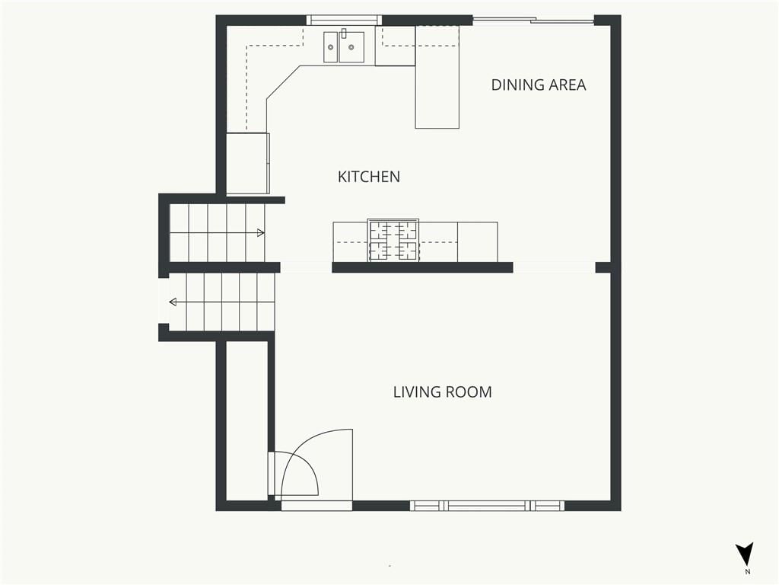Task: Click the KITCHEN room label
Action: tap(369, 177)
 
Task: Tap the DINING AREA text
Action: tap(539, 85)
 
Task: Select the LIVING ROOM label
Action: tap(443, 392)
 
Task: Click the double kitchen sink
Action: tap(344, 47)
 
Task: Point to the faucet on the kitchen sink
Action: tap(343, 34)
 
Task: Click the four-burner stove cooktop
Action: tap(393, 240)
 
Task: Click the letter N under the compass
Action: tap(748, 571)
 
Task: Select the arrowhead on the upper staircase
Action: tap(261, 232)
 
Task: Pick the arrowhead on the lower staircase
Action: tap(173, 302)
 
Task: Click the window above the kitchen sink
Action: tap(344, 20)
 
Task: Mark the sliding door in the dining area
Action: tap(533, 20)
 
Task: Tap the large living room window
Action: tap(487, 506)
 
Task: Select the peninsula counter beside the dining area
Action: tap(437, 77)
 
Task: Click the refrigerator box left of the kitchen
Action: tap(248, 163)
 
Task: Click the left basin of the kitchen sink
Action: tap(331, 48)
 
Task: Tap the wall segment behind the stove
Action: tap(422, 267)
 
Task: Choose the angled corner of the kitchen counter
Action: tap(283, 82)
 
